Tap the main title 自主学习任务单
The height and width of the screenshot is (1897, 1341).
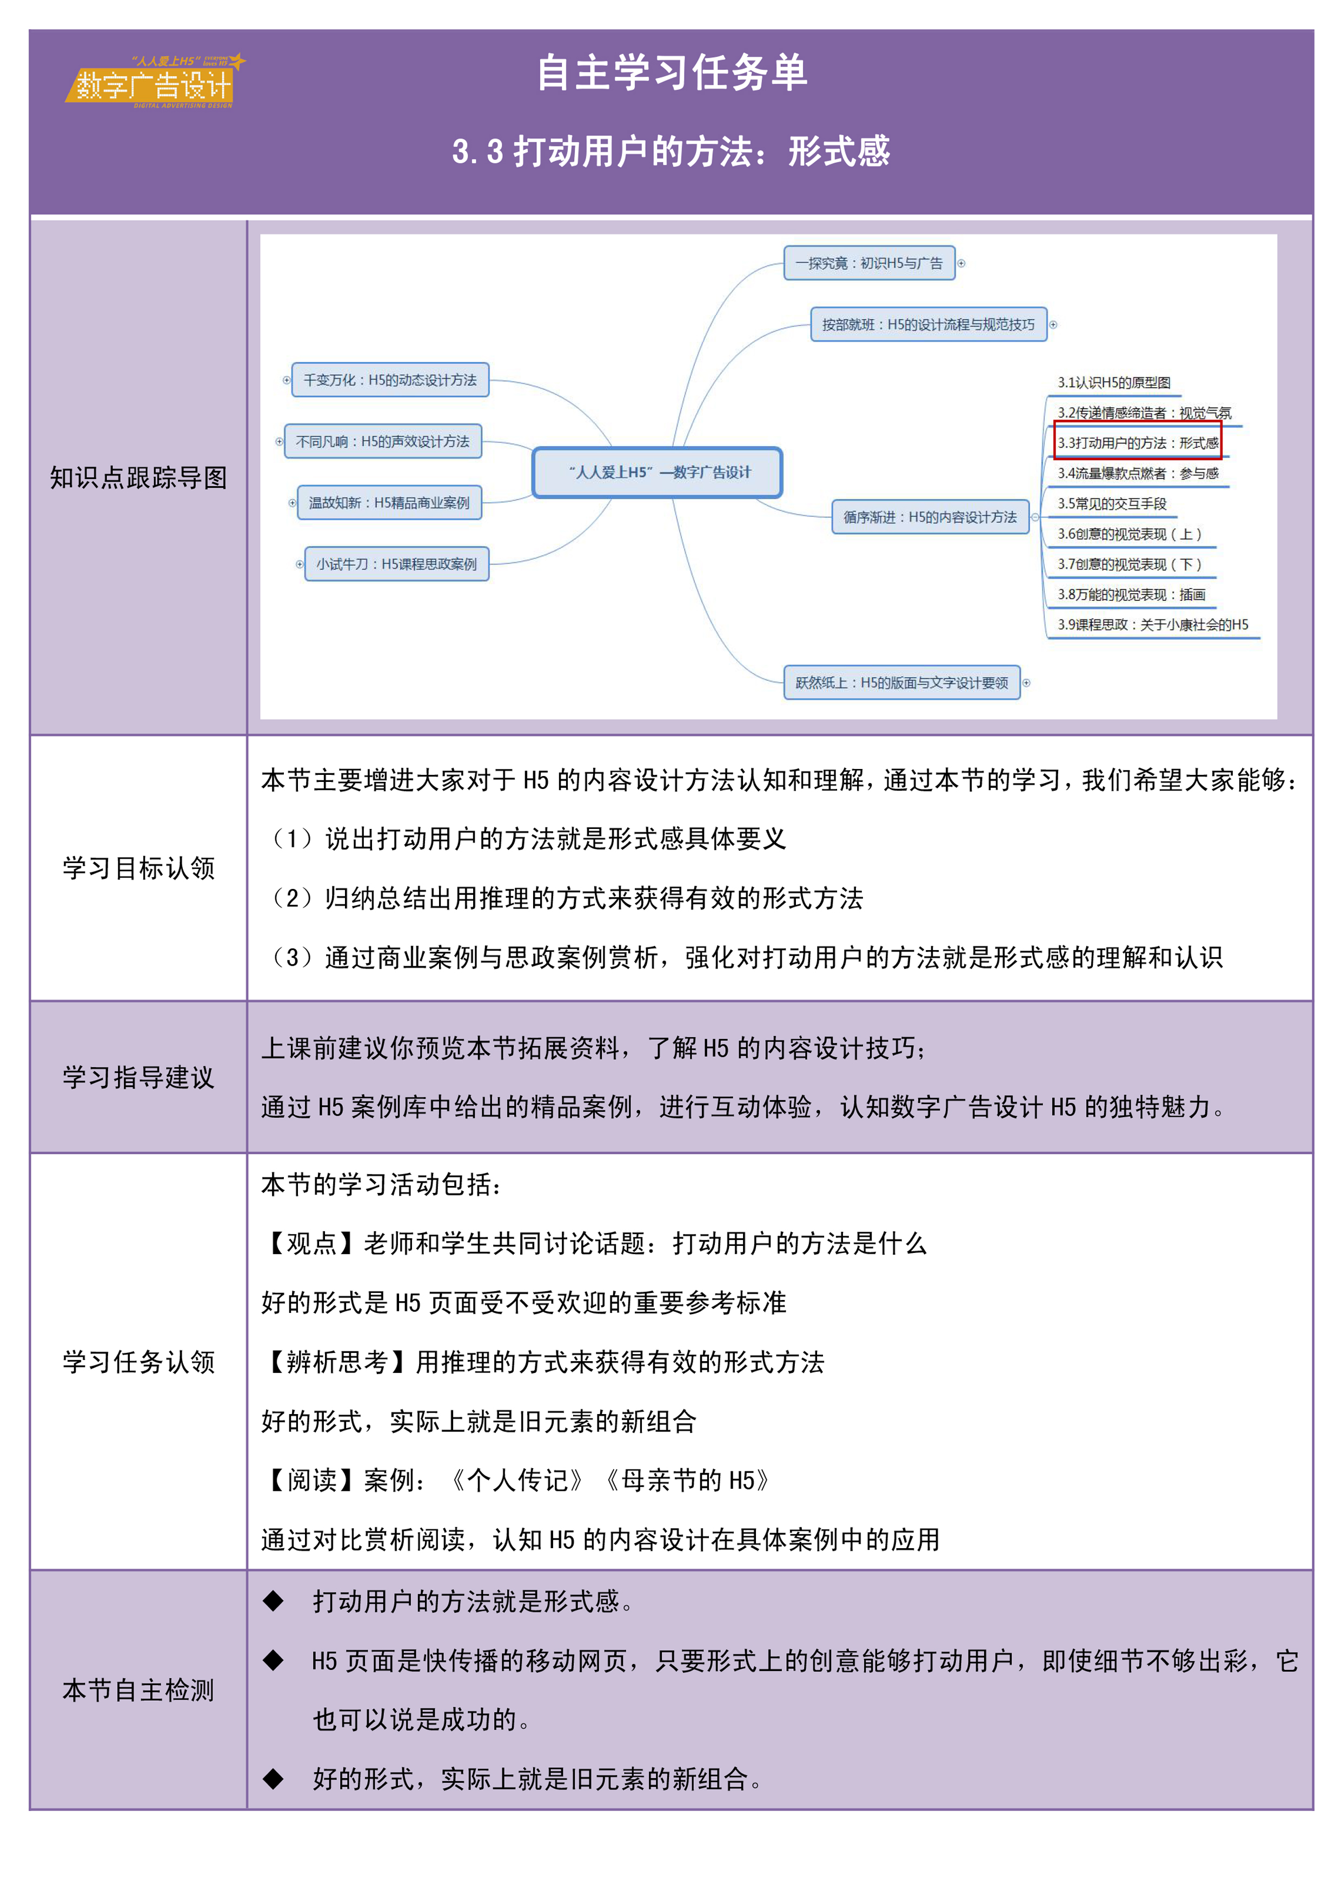[671, 72]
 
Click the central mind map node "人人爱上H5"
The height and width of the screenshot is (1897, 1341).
[658, 473]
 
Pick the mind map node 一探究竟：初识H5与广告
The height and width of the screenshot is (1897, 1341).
[869, 263]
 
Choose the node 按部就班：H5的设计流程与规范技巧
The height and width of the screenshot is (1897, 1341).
[928, 324]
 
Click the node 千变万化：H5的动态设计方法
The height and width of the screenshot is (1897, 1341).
[390, 380]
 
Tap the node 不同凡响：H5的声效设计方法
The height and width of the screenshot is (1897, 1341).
[382, 442]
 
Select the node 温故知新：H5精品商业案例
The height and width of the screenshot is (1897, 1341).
[389, 502]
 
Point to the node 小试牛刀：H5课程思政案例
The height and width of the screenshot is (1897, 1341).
[396, 565]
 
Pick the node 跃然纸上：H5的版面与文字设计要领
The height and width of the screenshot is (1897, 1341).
[901, 682]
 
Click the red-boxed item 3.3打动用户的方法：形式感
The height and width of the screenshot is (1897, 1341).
[1138, 443]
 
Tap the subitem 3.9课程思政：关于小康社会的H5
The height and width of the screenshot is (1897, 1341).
[1153, 625]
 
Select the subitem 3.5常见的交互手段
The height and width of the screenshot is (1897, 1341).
[1112, 504]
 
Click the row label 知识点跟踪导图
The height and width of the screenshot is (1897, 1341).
[138, 477]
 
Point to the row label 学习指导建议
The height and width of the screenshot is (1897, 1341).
[138, 1077]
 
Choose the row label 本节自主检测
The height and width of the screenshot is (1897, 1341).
[138, 1690]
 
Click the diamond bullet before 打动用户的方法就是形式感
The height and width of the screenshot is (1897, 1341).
[274, 1601]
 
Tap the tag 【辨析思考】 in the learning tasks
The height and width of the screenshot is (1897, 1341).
[337, 1362]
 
